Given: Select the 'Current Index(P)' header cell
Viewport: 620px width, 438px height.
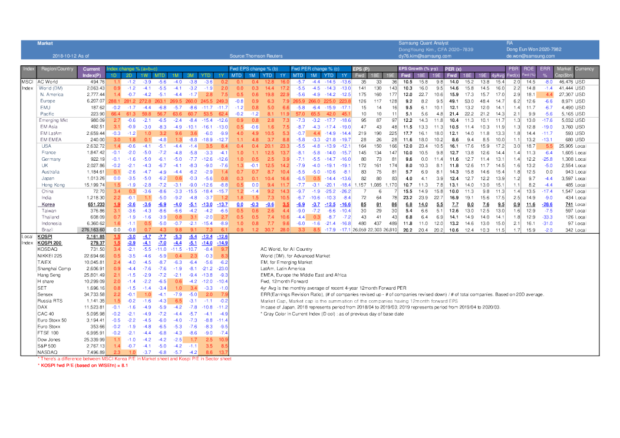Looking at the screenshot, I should pos(91,72).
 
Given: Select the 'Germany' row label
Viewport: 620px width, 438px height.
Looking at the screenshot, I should pos(51,160).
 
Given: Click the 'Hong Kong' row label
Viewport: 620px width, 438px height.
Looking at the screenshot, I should pos(53,185).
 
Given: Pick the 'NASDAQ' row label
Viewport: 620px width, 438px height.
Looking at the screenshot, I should pos(48,351).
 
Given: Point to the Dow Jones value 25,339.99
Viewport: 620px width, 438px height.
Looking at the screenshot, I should pos(93,339).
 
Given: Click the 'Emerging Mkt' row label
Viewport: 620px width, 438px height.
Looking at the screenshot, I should pos(53,120).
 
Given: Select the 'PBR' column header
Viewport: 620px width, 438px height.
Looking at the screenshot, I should pos(512,69).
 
